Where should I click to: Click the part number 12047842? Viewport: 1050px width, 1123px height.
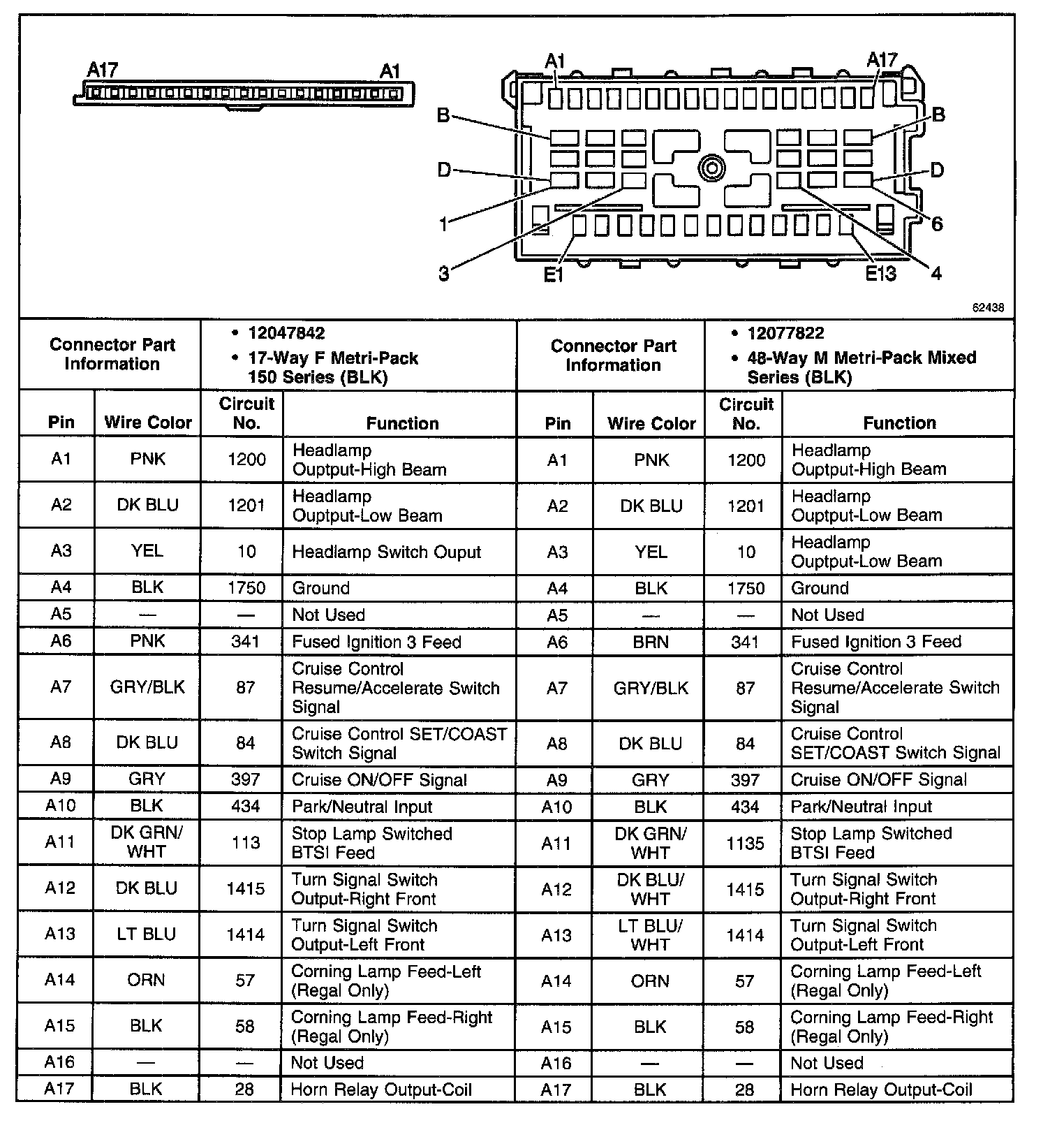click(x=286, y=333)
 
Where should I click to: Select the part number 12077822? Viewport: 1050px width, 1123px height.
click(x=785, y=333)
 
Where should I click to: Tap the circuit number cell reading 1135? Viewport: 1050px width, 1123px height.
click(x=745, y=843)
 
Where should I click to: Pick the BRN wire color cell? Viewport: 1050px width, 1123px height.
click(x=651, y=642)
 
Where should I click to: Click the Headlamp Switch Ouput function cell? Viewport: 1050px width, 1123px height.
click(x=386, y=552)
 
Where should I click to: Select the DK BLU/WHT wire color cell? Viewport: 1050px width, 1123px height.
click(x=651, y=889)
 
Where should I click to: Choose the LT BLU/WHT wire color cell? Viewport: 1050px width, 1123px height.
click(x=651, y=934)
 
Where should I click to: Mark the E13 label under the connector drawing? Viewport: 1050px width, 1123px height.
click(x=880, y=273)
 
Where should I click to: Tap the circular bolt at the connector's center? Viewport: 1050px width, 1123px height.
click(x=711, y=168)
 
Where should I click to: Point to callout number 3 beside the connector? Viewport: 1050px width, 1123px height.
click(x=444, y=274)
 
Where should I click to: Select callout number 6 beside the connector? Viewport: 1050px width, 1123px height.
click(x=936, y=223)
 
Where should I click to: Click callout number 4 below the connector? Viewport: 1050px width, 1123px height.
click(x=936, y=273)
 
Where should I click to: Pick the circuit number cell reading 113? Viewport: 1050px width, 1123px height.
click(x=246, y=843)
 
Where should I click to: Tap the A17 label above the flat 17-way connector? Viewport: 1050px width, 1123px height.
click(x=103, y=70)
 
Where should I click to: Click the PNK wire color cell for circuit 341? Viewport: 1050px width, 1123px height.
click(x=147, y=641)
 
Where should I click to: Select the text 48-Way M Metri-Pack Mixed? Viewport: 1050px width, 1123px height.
click(x=862, y=358)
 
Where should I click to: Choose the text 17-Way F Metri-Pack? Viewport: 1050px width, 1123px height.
click(x=333, y=358)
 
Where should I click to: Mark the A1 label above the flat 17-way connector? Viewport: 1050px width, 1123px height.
click(x=390, y=71)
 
